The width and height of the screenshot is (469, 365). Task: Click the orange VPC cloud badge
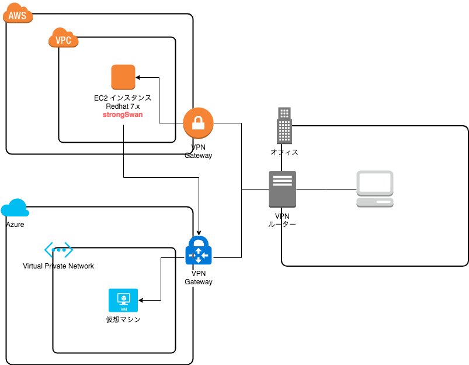64,39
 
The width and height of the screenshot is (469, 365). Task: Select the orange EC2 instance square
123,77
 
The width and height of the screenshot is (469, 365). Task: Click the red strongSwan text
123,115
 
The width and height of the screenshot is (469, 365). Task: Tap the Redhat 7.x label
123,106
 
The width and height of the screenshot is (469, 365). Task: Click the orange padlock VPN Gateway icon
198,123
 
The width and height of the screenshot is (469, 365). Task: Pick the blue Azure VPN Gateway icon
199,252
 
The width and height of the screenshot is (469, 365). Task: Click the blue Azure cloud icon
15,208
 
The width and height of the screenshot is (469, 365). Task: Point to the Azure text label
15,225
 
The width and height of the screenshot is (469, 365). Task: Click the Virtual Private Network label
58,266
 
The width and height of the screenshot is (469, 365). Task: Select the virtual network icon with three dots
59,250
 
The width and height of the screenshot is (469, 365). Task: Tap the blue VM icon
123,301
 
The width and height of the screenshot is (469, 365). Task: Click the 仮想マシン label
123,319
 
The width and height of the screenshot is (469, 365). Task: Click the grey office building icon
284,125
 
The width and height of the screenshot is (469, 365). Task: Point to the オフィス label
284,152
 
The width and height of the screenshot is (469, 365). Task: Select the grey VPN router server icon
283,189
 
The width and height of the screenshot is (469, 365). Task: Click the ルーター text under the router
282,225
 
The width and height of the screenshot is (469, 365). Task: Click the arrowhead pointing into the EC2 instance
139,77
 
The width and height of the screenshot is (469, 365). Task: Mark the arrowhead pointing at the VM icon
141,301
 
